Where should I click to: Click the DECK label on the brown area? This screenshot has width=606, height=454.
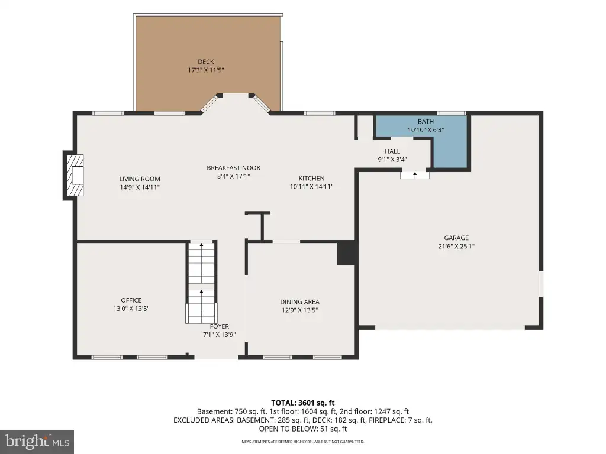coord(205,61)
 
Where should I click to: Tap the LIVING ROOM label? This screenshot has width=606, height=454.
coord(140,179)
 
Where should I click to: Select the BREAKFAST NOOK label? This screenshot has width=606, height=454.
coord(233,168)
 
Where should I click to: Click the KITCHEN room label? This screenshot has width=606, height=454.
coord(311,179)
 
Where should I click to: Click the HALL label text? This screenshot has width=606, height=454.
coord(392,151)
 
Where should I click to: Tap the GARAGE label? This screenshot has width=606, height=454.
coord(456,238)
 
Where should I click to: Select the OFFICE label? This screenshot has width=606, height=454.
coord(131,300)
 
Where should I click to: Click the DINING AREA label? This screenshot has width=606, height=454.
coord(299,302)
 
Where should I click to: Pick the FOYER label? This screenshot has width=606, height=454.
coord(219,326)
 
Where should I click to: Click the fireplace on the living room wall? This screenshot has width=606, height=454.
coord(74,175)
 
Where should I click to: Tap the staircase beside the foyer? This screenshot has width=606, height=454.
coord(201,283)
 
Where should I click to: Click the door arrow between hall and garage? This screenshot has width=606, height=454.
coord(415,175)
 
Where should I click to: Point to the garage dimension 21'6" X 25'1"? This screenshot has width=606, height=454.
coord(456,247)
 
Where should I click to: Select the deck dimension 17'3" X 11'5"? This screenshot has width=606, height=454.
coord(205,70)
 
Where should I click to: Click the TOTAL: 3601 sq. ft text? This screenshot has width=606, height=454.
coord(302,403)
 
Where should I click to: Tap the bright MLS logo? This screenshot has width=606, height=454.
coord(37,441)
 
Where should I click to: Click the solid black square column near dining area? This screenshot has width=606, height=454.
coord(346,253)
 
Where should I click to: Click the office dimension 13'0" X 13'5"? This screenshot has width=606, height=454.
coord(131,309)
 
